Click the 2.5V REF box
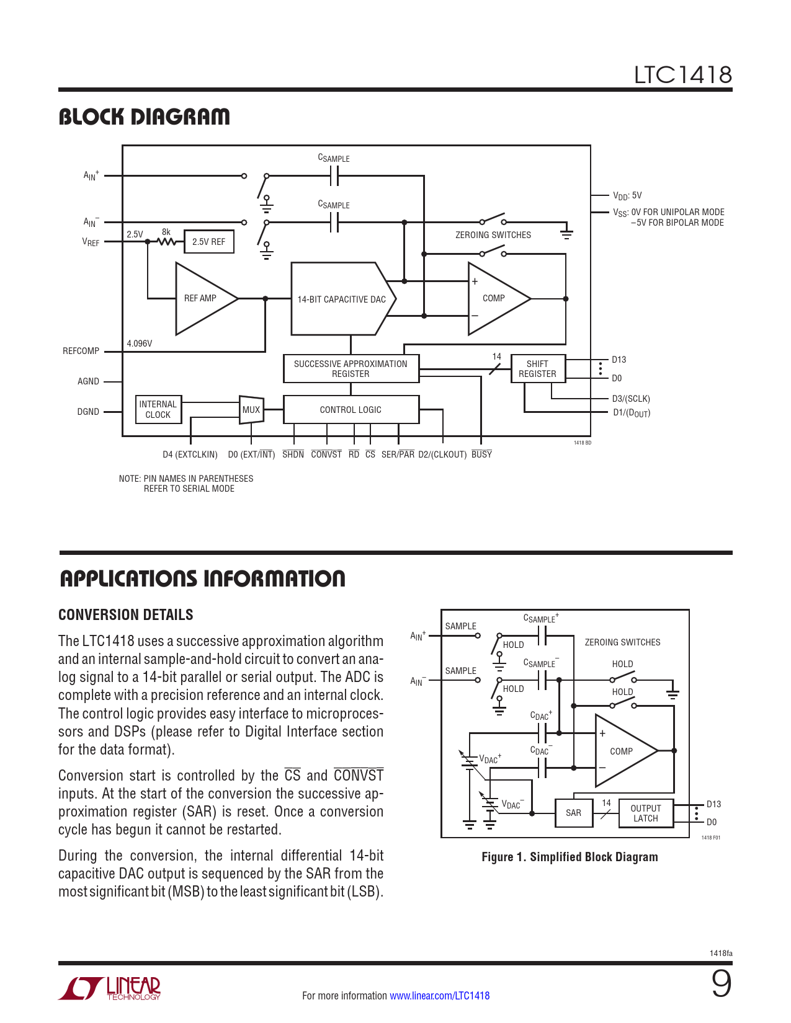coord(208,242)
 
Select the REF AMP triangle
coord(202,299)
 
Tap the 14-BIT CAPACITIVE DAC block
coord(341,299)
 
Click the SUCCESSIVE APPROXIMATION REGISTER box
coord(351,369)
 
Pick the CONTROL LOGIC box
coord(351,410)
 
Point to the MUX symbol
coord(251,410)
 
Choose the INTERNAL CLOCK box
coord(158,410)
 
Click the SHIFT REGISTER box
coord(537,369)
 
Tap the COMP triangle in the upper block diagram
coord(494,298)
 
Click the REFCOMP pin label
coord(81,351)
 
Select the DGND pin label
coord(88,412)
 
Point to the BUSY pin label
coord(481,454)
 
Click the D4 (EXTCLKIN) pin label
coord(190,454)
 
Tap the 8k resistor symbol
coord(166,241)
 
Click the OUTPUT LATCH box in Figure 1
coord(646,813)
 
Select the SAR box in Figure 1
coord(574,813)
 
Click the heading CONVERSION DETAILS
coord(126,615)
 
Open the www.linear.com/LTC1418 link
coord(439,996)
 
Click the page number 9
coord(721,985)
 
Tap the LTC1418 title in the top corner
coord(682,75)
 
